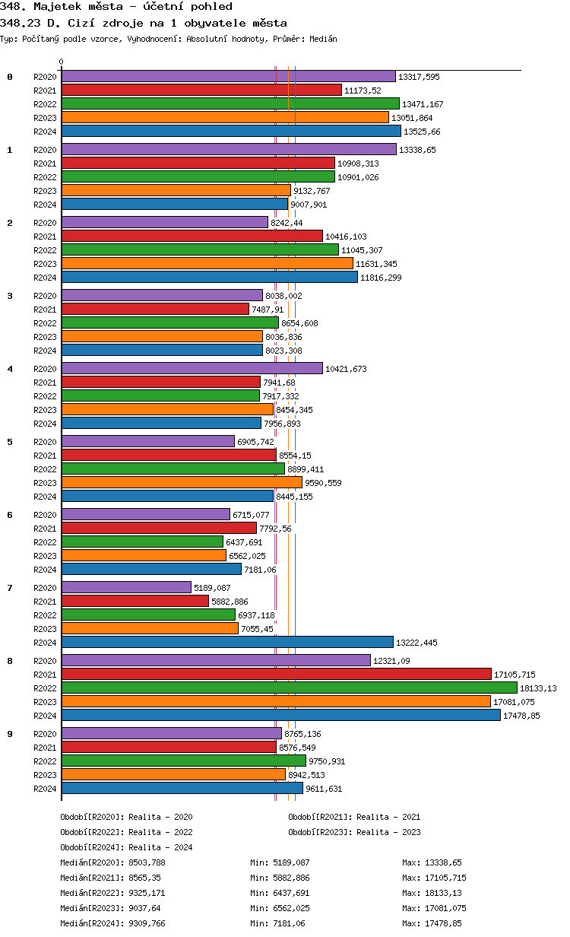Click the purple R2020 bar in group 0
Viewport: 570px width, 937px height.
pyautogui.click(x=228, y=77)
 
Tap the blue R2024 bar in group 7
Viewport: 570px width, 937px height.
pyautogui.click(x=227, y=643)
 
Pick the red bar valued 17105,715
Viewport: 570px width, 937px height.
pyautogui.click(x=276, y=674)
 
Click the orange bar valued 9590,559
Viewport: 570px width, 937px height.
pyautogui.click(x=182, y=482)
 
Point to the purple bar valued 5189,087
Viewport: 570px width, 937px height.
pyautogui.click(x=126, y=587)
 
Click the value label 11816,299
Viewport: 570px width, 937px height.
pyautogui.click(x=381, y=278)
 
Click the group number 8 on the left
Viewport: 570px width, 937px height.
pyautogui.click(x=10, y=661)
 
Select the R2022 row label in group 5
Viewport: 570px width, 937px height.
pyautogui.click(x=45, y=469)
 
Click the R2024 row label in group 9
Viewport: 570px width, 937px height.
pyautogui.click(x=45, y=789)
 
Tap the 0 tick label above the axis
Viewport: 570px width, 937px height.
pyautogui.click(x=62, y=62)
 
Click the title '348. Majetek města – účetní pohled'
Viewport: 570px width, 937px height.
pyautogui.click(x=116, y=7)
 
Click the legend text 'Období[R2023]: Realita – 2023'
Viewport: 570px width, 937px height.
pyautogui.click(x=354, y=832)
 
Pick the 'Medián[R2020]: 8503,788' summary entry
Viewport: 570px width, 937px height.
pyautogui.click(x=112, y=862)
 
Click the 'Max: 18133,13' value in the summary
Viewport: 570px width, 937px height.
pyautogui.click(x=432, y=893)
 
